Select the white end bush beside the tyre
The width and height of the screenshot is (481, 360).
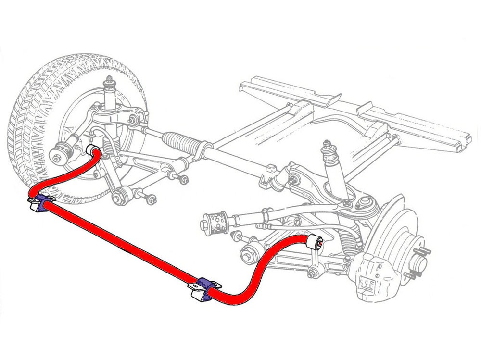92,148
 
